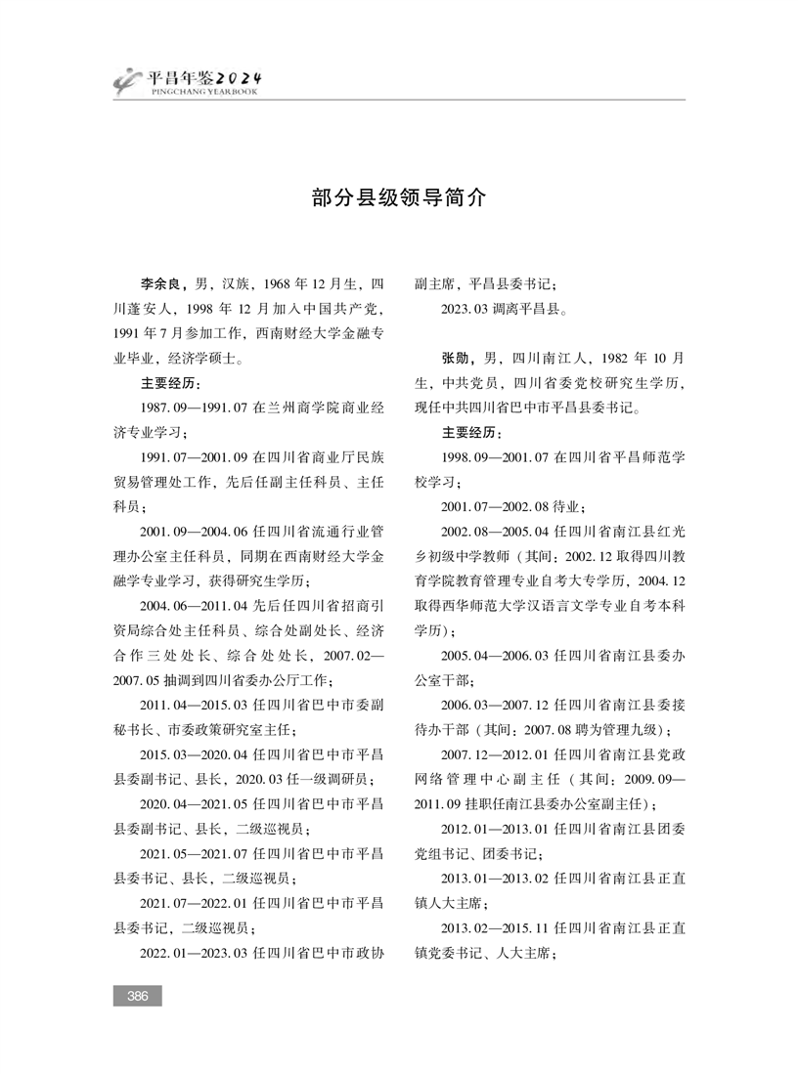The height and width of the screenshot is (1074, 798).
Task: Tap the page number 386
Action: [137, 996]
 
